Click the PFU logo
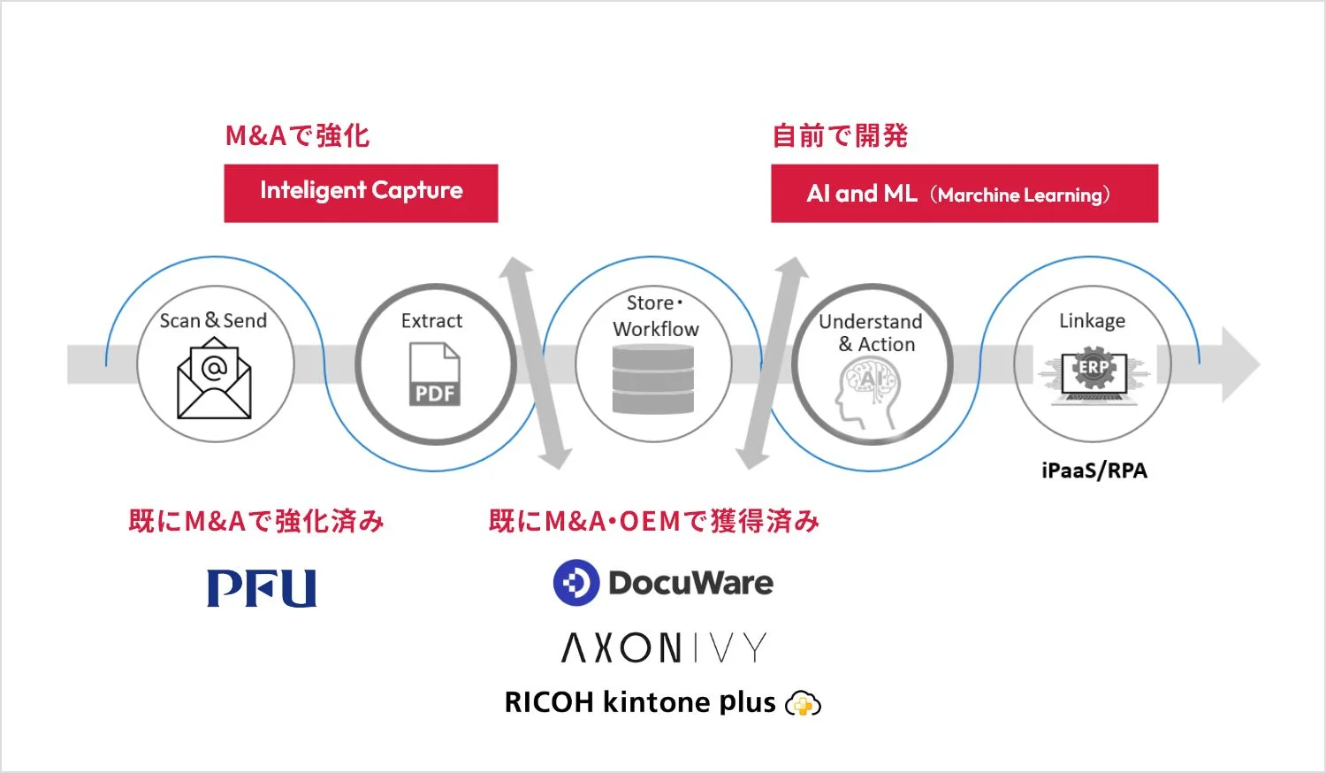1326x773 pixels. point(262,588)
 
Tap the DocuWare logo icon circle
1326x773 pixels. point(575,583)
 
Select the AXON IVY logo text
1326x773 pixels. point(664,648)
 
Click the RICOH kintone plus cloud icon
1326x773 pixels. point(803,704)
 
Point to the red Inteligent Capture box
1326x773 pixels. point(361,193)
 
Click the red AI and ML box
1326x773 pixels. point(964,193)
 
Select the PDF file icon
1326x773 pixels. point(434,374)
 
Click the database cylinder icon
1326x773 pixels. point(653,380)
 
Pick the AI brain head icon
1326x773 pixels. point(868,394)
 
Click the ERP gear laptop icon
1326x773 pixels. point(1094,375)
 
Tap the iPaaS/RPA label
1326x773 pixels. point(1094,471)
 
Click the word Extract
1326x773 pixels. point(431,321)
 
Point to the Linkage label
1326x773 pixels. point(1093,321)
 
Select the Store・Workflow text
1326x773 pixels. point(655,316)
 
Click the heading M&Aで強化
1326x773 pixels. point(297,136)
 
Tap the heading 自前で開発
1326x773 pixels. point(840,136)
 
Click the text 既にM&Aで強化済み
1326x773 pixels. point(256,521)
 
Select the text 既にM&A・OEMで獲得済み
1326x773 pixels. point(654,521)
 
